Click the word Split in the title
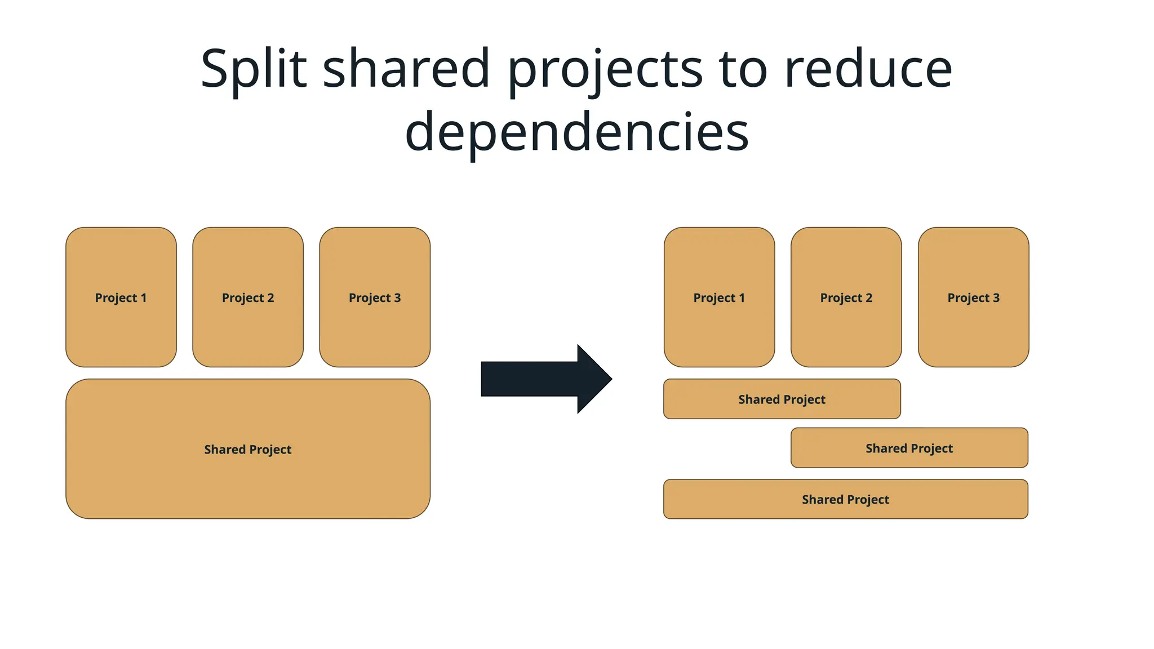254,70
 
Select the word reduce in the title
868,69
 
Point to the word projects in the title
606,70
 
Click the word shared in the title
406,69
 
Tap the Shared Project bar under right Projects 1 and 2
782,399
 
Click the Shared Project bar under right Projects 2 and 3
909,448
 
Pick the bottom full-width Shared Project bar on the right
845,499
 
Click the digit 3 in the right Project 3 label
996,298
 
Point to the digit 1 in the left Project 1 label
144,298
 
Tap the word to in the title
742,69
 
